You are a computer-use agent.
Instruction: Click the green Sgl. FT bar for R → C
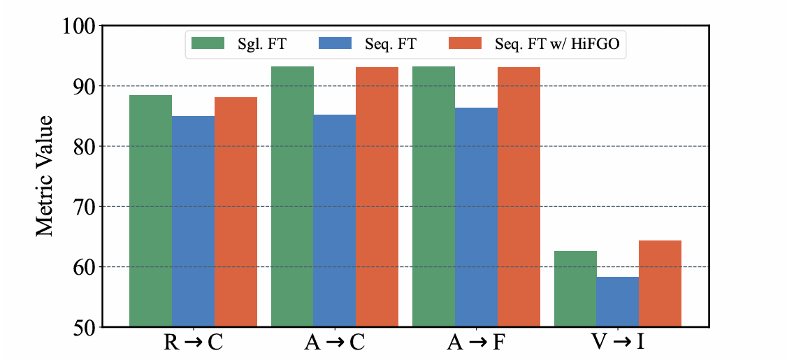(x=150, y=211)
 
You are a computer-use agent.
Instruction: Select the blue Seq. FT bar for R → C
(x=193, y=222)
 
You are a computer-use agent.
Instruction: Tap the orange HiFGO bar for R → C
(x=236, y=212)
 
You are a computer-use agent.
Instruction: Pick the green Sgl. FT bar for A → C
(x=292, y=196)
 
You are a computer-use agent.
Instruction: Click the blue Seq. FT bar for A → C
(x=335, y=220)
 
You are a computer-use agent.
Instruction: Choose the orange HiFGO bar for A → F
(x=519, y=197)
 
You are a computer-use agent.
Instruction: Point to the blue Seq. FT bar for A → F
(x=476, y=217)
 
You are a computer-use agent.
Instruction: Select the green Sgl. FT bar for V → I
(x=575, y=289)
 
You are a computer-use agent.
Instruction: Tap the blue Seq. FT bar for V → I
(x=618, y=302)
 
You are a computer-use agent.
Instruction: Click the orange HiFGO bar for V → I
(x=660, y=284)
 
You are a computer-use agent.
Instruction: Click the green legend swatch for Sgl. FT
(x=208, y=43)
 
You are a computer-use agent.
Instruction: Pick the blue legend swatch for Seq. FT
(x=334, y=43)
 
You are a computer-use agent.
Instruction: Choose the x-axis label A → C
(x=335, y=344)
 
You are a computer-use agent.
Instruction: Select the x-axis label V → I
(x=618, y=344)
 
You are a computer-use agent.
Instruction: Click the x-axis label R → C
(x=193, y=344)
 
